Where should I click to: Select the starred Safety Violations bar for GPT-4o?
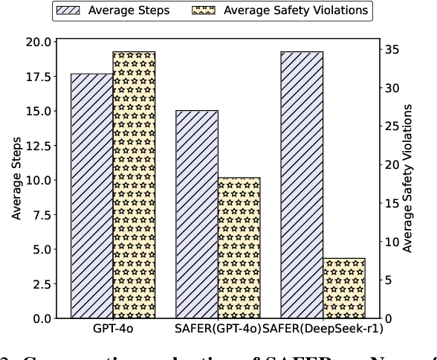tap(134, 185)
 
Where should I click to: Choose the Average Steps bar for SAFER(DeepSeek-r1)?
tap(302, 185)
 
